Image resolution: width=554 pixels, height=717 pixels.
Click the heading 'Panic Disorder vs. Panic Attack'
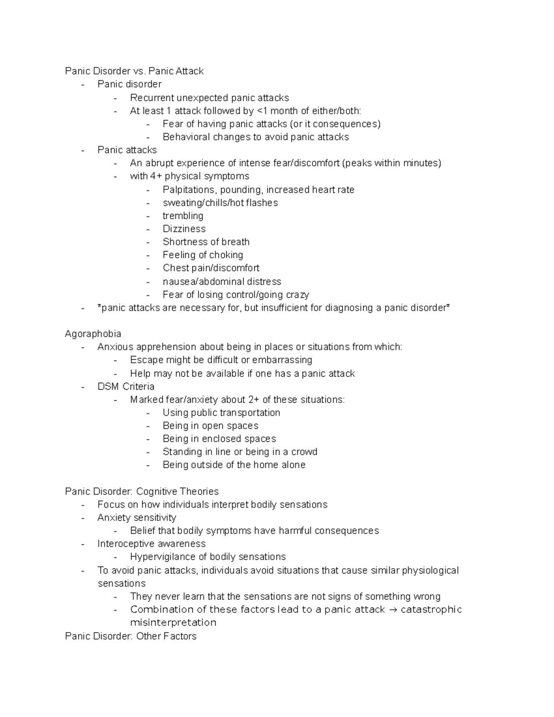click(134, 71)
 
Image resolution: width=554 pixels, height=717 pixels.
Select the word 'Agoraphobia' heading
click(93, 334)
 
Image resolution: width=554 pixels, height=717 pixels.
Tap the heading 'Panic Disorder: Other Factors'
click(131, 636)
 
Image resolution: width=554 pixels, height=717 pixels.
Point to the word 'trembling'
click(183, 216)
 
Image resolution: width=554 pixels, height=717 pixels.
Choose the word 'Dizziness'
click(184, 229)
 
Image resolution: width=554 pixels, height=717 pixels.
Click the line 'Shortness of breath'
click(206, 242)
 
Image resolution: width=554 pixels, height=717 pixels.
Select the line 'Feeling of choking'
click(203, 255)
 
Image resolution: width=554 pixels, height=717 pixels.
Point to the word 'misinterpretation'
click(173, 623)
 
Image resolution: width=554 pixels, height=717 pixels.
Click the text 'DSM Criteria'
click(126, 386)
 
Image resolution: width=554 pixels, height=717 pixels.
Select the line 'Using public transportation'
click(221, 413)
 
